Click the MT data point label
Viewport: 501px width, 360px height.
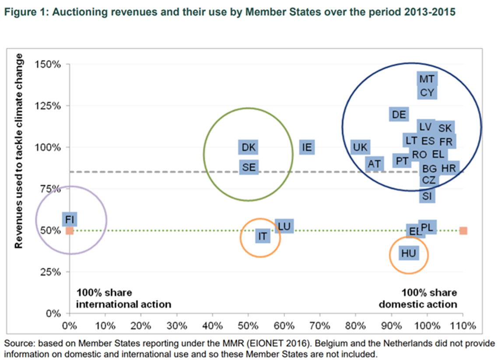427,79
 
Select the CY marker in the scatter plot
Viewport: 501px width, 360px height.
427,93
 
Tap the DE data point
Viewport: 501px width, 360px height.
399,114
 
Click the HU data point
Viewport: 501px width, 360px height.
408,253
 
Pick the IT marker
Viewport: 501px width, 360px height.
262,236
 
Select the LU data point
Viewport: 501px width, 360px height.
284,226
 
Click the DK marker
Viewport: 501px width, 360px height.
248,147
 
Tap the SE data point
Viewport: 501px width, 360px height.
249,167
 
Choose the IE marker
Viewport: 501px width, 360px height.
307,147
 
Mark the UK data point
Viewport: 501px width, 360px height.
360,147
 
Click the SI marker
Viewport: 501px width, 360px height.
427,196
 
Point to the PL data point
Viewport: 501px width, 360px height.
427,227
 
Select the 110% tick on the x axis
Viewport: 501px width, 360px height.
463,326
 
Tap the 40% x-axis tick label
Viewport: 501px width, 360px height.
212,326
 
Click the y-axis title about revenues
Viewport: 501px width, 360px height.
18,155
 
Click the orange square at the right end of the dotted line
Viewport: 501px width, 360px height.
463,231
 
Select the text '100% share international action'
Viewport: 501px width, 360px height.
124,298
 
